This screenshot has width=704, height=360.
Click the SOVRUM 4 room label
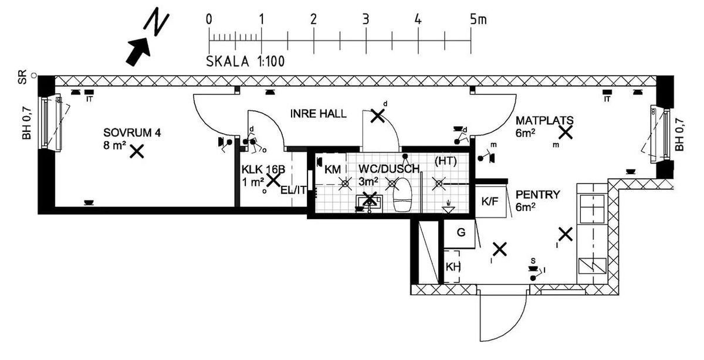click(132, 133)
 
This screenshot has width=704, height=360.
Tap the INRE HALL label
click(318, 114)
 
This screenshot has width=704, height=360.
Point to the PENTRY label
click(537, 194)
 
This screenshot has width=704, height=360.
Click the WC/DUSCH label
click(389, 169)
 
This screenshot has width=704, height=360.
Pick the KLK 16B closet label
click(263, 169)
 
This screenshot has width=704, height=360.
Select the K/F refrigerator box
click(490, 202)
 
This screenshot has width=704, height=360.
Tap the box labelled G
click(461, 233)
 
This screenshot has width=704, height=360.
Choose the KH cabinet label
click(453, 266)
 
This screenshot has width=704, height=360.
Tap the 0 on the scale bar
click(209, 19)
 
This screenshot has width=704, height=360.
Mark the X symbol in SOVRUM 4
click(137, 151)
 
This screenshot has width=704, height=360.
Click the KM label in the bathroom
click(332, 169)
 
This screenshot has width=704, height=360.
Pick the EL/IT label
click(293, 189)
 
